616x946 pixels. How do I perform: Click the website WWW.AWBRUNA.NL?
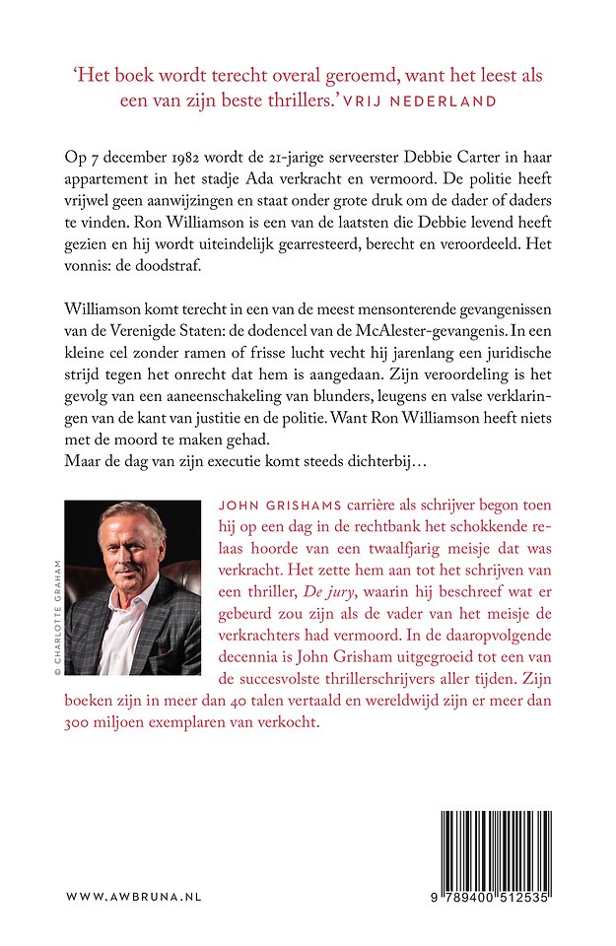point(134,898)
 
